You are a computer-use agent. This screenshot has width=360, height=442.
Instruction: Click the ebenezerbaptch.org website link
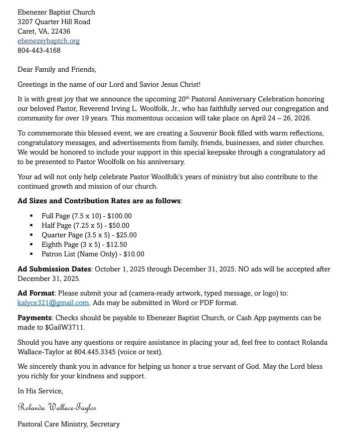point(49,41)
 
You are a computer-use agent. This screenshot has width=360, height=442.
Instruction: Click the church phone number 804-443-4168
point(39,50)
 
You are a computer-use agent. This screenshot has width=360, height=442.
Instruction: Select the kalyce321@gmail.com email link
point(54,303)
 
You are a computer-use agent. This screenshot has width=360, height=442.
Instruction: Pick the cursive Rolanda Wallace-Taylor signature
point(57,407)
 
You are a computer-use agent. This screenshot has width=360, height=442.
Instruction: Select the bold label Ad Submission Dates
point(54,269)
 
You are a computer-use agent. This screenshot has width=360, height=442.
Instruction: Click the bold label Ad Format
point(36,293)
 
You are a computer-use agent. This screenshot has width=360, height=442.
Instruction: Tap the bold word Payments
point(35,318)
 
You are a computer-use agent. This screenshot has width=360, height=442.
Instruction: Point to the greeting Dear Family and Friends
point(57,69)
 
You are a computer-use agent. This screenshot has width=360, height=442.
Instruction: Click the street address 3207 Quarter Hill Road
point(54,22)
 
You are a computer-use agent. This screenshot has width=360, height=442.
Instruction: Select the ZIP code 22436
point(60,31)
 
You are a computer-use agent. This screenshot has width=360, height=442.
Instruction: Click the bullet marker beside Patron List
point(31,254)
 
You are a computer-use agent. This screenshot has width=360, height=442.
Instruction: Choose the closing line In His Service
point(40,391)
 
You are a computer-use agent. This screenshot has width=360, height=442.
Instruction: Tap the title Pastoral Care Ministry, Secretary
point(69,424)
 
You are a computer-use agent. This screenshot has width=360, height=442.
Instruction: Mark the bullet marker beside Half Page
point(31,226)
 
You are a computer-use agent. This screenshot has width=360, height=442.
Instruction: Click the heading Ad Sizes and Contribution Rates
point(99,201)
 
